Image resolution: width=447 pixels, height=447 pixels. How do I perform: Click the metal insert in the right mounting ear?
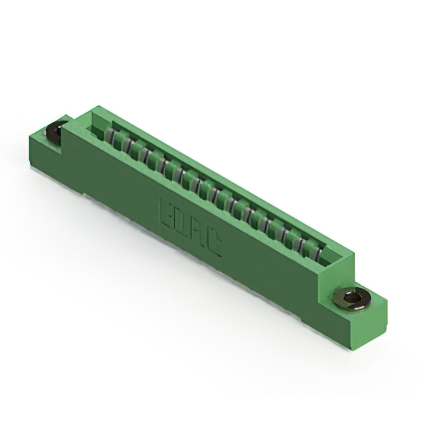point(351,298)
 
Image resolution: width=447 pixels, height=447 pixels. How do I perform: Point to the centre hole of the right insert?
point(353,299)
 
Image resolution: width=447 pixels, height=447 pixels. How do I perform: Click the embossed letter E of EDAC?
point(167,207)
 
